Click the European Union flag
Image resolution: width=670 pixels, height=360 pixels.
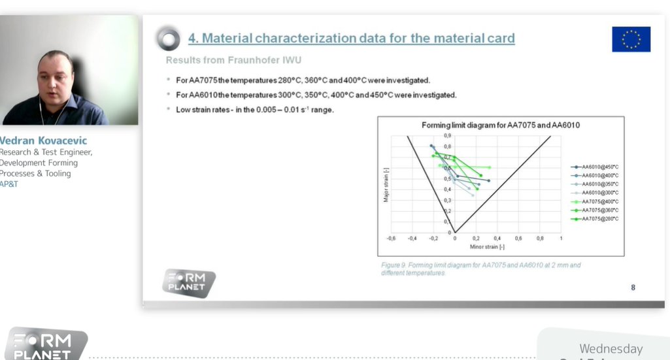pos(631,39)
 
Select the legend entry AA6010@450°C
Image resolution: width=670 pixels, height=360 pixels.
pos(599,167)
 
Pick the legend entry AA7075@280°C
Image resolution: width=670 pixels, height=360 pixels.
pos(599,219)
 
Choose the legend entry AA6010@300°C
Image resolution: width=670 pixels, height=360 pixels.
pos(599,193)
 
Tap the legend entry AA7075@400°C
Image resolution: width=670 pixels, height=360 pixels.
pos(599,201)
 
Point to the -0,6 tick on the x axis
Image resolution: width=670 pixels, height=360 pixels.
pos(391,238)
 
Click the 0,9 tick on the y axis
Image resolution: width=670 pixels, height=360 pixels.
pos(448,135)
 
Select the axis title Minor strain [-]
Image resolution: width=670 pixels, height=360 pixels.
pos(487,247)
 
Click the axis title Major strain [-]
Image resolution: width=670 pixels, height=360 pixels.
pos(386,185)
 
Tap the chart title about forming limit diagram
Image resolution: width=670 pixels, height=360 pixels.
pos(501,125)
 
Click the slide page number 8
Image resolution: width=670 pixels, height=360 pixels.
pos(633,287)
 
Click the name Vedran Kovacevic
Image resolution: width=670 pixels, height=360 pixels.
pos(43,140)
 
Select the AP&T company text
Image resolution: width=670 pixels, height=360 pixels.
pos(9,184)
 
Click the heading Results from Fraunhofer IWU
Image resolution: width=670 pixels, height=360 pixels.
pos(233,60)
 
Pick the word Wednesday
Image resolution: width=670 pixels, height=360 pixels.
pos(611,349)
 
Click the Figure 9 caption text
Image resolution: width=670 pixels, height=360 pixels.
pos(480,269)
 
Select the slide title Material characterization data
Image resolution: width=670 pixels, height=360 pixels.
pos(351,38)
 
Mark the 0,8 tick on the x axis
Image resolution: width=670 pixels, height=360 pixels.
pos(540,238)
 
